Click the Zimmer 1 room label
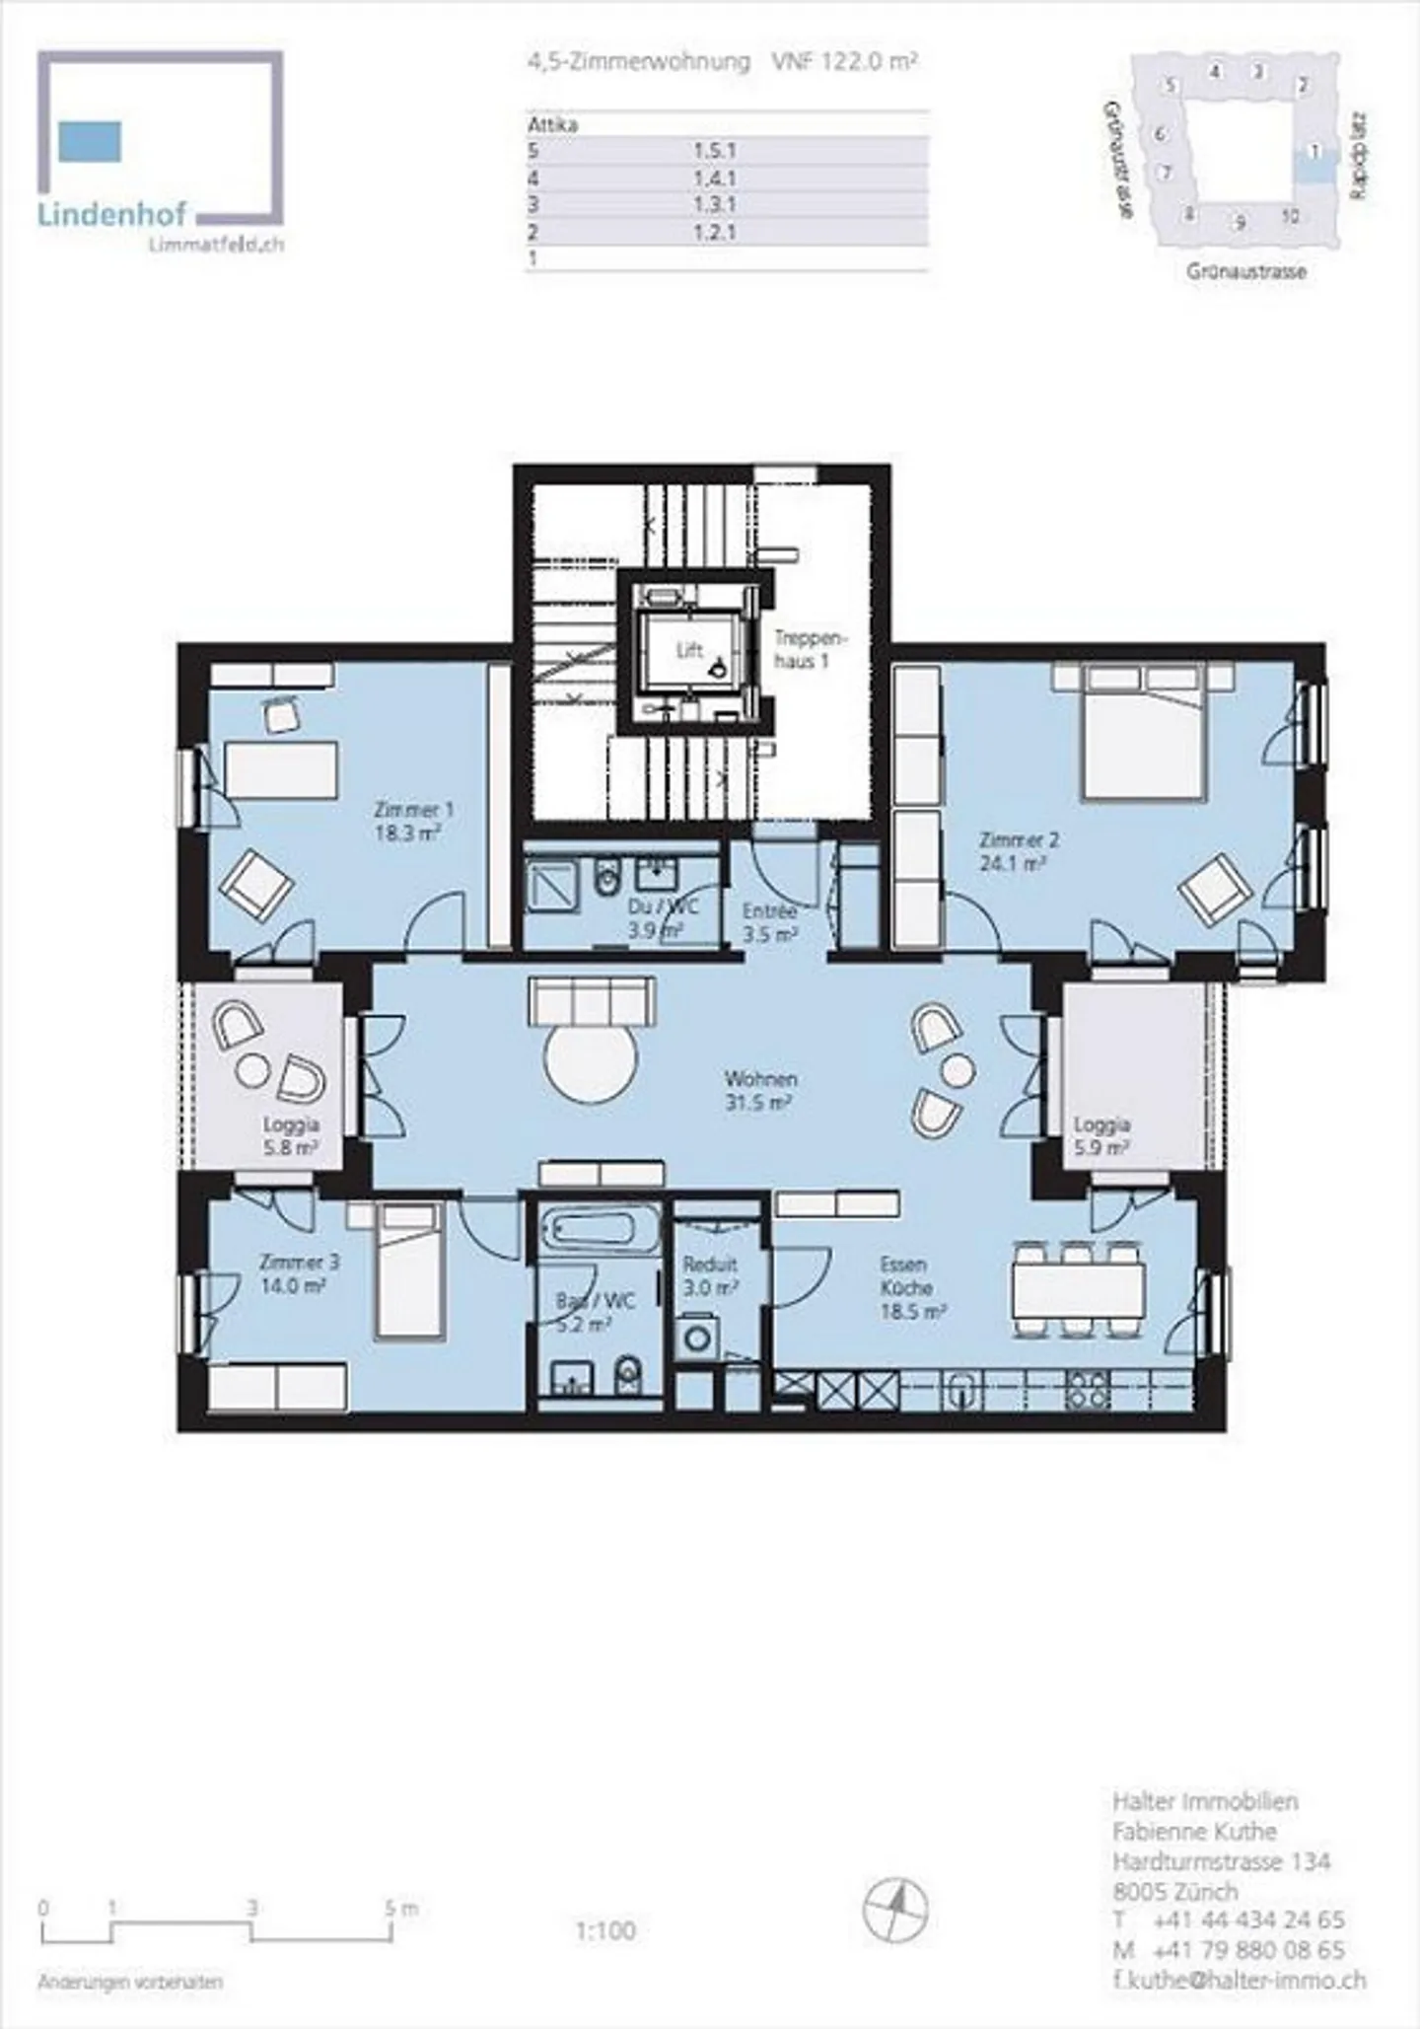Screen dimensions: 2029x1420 coord(413,810)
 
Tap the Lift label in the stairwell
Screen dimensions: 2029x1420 coord(689,650)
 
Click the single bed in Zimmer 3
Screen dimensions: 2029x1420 coord(406,1272)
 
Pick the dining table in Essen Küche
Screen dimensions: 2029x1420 coord(1078,1289)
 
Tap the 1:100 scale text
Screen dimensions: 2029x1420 coord(605,1930)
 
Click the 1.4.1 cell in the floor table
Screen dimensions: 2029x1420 coord(714,179)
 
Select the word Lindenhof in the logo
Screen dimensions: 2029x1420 coord(111,215)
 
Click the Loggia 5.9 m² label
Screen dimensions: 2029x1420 coord(1101,1136)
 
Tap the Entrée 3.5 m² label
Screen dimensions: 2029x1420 coord(769,922)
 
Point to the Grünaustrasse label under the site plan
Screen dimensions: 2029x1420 coord(1246,271)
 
